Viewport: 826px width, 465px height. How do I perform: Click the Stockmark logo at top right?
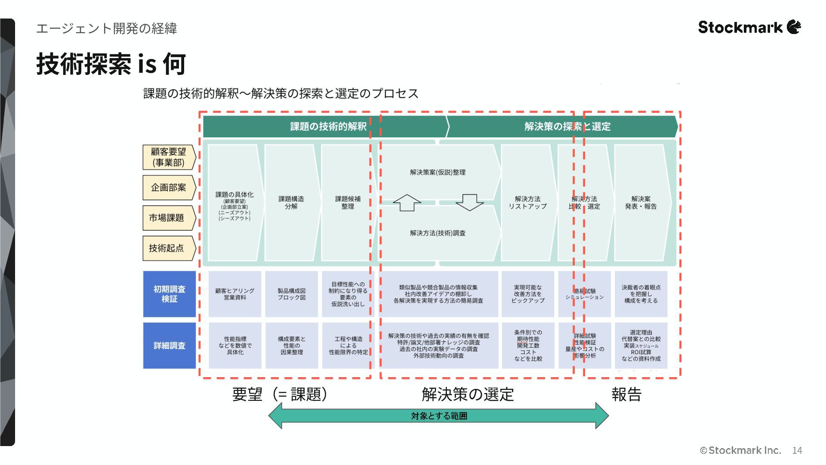tap(749, 27)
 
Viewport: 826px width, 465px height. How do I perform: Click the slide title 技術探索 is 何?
tap(111, 64)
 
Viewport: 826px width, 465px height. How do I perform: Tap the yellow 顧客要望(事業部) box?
tap(169, 157)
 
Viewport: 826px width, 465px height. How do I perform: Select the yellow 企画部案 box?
tap(169, 188)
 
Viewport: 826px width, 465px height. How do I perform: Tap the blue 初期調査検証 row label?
tap(170, 294)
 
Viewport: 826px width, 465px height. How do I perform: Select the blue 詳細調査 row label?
tap(170, 345)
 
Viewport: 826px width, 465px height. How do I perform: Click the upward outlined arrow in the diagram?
tap(407, 203)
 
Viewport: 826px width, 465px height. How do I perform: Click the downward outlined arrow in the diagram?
tap(469, 202)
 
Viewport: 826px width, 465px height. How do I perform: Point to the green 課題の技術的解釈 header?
tap(328, 126)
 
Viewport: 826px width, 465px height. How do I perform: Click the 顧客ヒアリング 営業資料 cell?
tap(235, 294)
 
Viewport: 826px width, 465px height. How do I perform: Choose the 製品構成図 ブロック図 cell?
tap(291, 294)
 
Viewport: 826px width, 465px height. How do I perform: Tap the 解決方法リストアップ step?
tap(527, 202)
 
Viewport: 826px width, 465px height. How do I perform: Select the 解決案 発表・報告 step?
tap(641, 202)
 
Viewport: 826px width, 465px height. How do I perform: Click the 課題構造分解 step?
tap(291, 202)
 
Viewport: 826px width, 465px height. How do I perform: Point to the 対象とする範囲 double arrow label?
tap(439, 416)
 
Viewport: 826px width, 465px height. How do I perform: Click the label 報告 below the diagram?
tap(626, 394)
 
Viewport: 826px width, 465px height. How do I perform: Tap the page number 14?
tap(797, 450)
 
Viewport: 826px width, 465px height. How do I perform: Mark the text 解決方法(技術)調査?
tap(438, 233)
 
